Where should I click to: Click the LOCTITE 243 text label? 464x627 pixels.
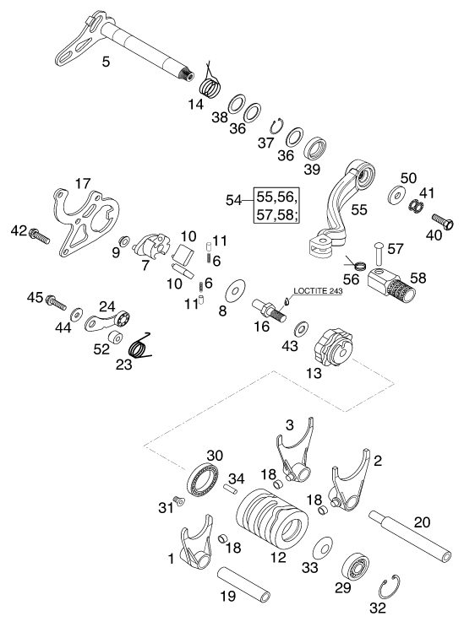coord(319,291)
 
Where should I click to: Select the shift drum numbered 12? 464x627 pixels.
coord(272,520)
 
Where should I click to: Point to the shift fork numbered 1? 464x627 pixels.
coord(196,541)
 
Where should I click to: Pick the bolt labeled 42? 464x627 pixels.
coord(39,235)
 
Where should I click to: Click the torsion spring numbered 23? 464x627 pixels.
coord(139,346)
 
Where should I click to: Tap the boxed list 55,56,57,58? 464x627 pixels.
coord(277,206)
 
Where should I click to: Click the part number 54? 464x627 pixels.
coord(234,200)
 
